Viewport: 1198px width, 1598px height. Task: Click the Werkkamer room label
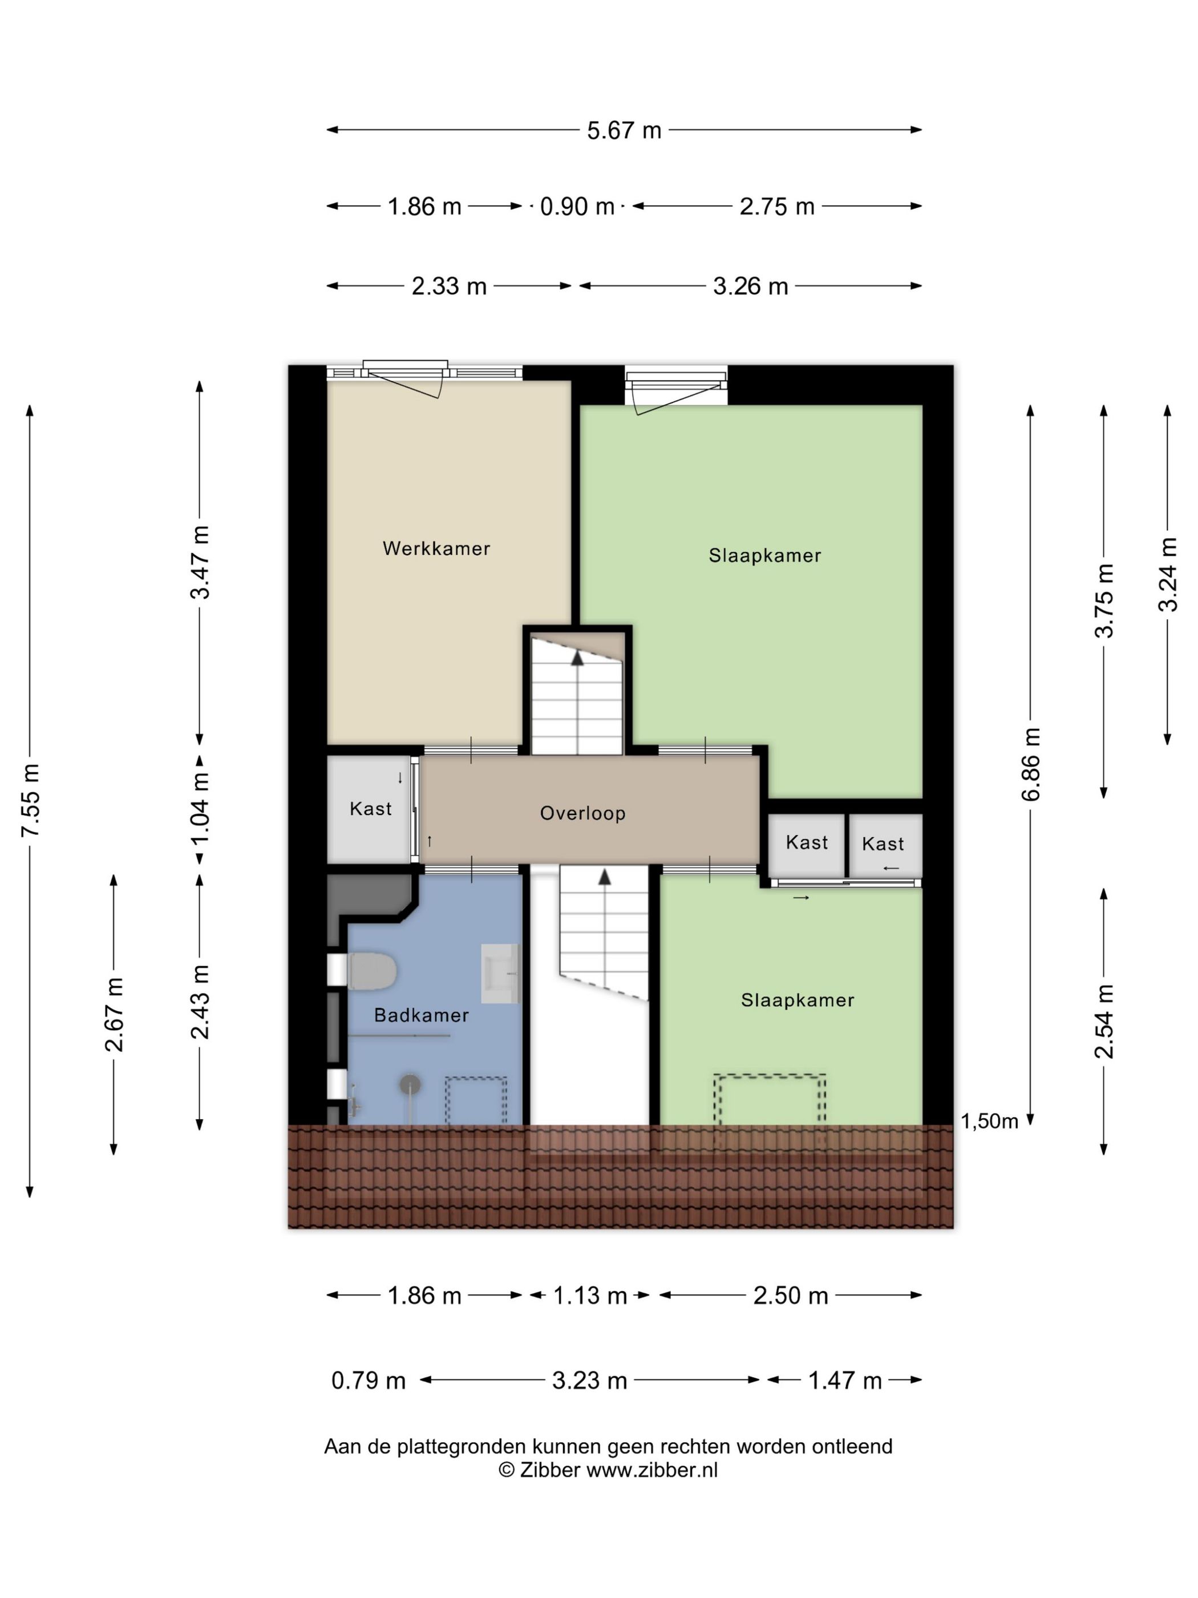pos(436,548)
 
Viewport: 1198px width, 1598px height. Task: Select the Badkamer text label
pos(421,1015)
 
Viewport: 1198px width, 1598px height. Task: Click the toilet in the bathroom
pos(371,971)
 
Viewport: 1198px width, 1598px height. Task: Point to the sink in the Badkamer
pos(500,972)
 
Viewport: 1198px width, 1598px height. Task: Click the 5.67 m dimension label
pos(624,130)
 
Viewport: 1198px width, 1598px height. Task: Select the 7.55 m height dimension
pos(30,800)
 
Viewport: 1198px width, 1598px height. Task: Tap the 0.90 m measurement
pos(577,207)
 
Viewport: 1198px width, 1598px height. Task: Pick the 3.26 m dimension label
pos(750,286)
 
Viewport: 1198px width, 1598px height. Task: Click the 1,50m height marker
pos(989,1120)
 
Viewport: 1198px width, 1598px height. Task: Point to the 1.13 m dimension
pos(589,1296)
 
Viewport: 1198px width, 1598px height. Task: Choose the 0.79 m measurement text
pos(369,1381)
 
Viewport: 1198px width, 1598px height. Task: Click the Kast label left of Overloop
pos(370,808)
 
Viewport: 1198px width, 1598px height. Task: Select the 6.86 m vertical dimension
pos(1030,764)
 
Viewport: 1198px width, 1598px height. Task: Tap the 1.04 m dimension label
pos(200,808)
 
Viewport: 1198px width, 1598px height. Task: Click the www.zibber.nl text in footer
pos(651,1470)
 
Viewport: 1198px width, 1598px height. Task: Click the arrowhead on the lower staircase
pos(604,877)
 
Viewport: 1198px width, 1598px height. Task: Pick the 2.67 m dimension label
pos(114,1014)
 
